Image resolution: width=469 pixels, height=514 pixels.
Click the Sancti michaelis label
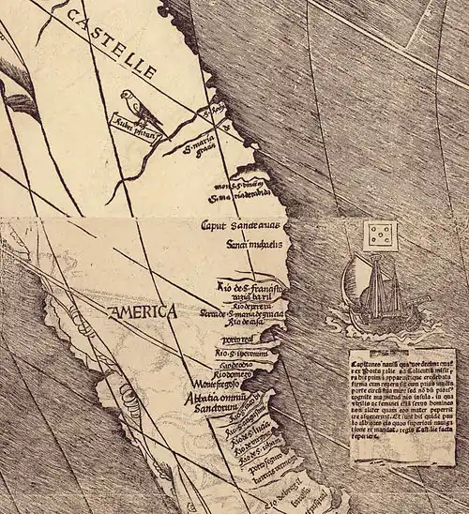[248, 244]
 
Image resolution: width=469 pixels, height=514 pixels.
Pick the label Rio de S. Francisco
[250, 287]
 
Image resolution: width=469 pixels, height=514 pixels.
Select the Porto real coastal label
[236, 339]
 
